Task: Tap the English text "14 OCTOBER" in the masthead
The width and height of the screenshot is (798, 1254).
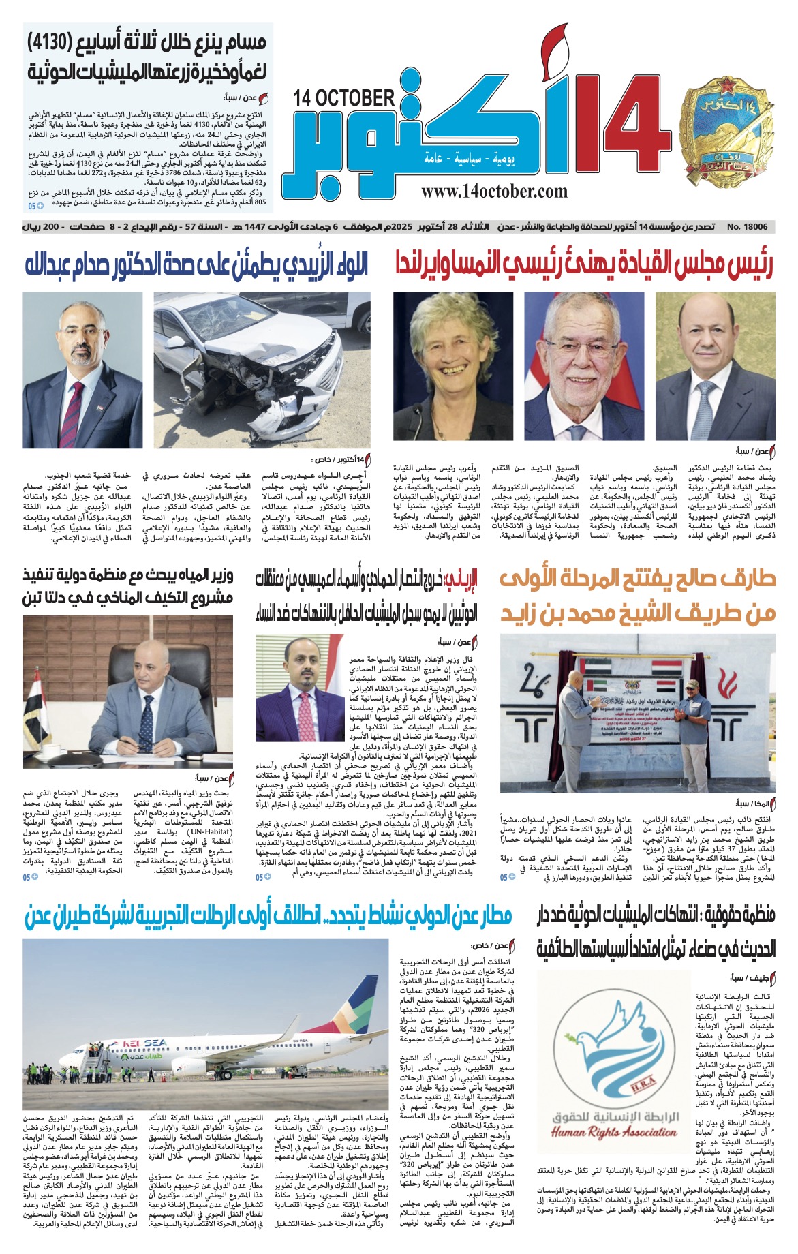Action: tap(344, 98)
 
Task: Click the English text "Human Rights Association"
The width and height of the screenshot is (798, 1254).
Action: tap(614, 1132)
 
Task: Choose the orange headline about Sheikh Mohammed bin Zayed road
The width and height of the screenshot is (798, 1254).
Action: tap(638, 596)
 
